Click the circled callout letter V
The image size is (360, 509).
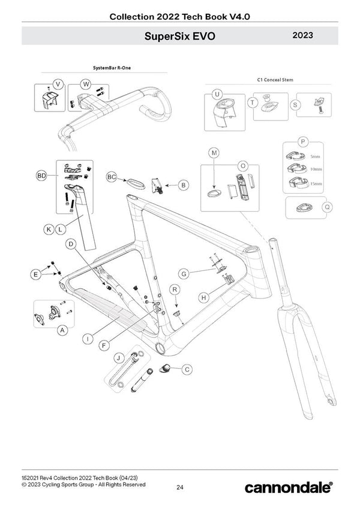(x=58, y=83)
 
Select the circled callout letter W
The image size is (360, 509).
(x=86, y=83)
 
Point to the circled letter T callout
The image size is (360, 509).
(x=253, y=103)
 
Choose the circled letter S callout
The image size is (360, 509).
(x=295, y=104)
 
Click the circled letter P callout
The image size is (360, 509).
(x=303, y=141)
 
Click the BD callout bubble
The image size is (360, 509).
(x=41, y=176)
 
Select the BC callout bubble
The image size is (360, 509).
(x=112, y=177)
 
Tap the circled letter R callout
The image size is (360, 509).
(x=175, y=289)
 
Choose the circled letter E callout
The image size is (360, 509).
(x=36, y=275)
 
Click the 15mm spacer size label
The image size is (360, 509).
(x=316, y=183)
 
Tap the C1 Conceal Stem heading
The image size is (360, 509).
(x=274, y=80)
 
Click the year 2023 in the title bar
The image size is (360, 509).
(x=304, y=35)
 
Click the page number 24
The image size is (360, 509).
(x=180, y=487)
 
